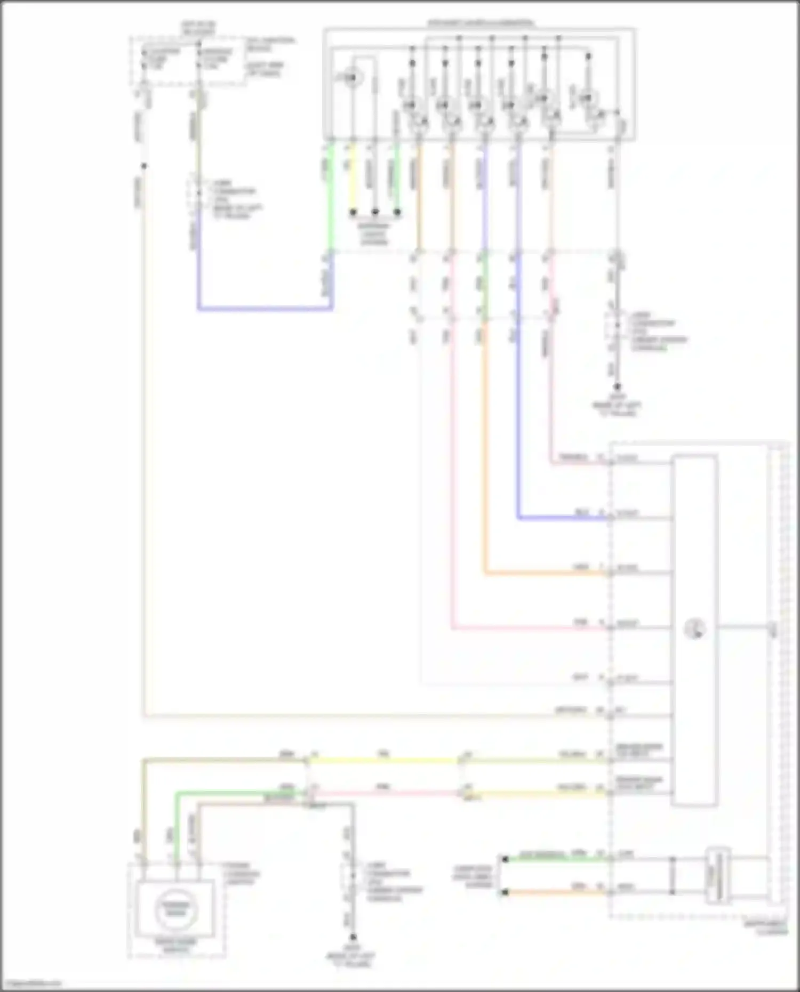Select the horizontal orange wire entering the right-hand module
click(544, 574)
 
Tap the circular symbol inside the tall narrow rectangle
click(695, 630)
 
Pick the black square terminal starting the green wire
click(505, 859)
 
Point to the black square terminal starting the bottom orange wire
click(505, 892)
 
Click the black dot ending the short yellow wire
click(353, 212)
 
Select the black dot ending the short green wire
click(397, 212)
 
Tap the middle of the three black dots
click(375, 212)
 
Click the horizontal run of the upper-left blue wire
click(265, 309)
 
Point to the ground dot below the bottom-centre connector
click(353, 937)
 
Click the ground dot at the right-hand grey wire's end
click(617, 386)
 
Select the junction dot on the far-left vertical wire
click(143, 166)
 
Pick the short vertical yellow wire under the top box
click(352, 176)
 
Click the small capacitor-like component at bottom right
click(718, 875)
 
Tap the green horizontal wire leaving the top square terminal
click(555, 859)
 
